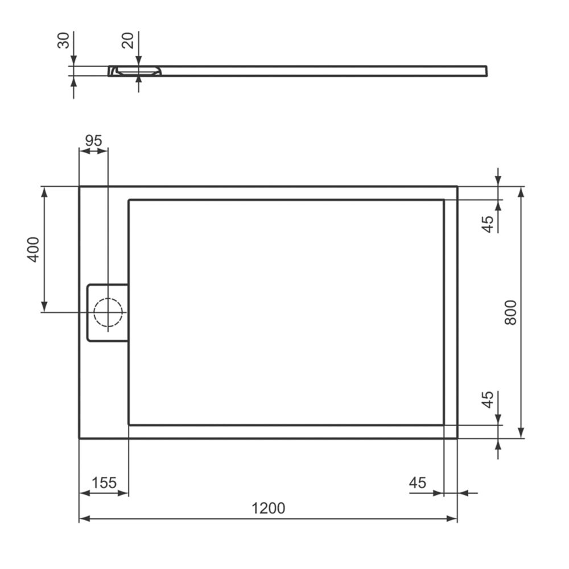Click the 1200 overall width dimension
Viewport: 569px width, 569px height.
(268, 508)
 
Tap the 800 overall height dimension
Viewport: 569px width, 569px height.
(510, 312)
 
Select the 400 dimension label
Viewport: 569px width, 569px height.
(33, 249)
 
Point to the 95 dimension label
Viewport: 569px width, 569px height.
(93, 141)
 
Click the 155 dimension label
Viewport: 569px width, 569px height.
(104, 483)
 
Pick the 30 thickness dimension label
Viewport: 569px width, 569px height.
(64, 40)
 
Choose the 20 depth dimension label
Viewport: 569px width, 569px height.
(128, 40)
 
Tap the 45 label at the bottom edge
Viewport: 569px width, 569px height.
(417, 483)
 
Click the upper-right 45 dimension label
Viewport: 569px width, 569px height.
(488, 224)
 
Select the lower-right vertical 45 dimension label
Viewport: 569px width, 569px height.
(488, 399)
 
